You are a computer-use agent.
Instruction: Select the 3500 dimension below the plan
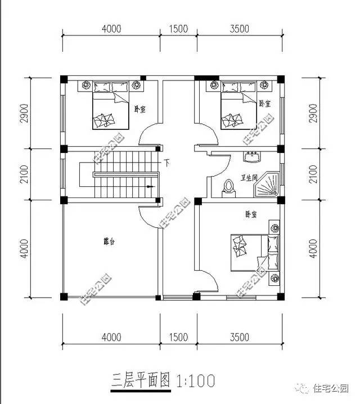click(239, 337)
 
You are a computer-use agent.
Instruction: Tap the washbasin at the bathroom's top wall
click(251, 155)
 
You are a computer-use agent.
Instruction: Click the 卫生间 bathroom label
click(249, 176)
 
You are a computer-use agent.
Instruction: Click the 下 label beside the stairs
click(167, 163)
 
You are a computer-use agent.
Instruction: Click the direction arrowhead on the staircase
click(150, 186)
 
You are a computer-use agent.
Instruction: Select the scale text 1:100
click(196, 381)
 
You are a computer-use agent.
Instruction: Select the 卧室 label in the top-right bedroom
click(264, 104)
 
